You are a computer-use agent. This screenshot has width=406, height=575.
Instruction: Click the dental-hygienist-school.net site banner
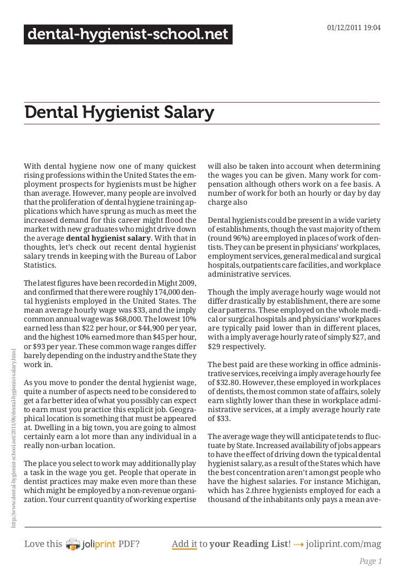[128, 35]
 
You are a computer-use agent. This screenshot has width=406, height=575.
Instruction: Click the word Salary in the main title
[187, 113]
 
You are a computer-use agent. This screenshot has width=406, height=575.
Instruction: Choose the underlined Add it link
[184, 544]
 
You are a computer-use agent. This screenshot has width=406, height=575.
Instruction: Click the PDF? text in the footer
[130, 544]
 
